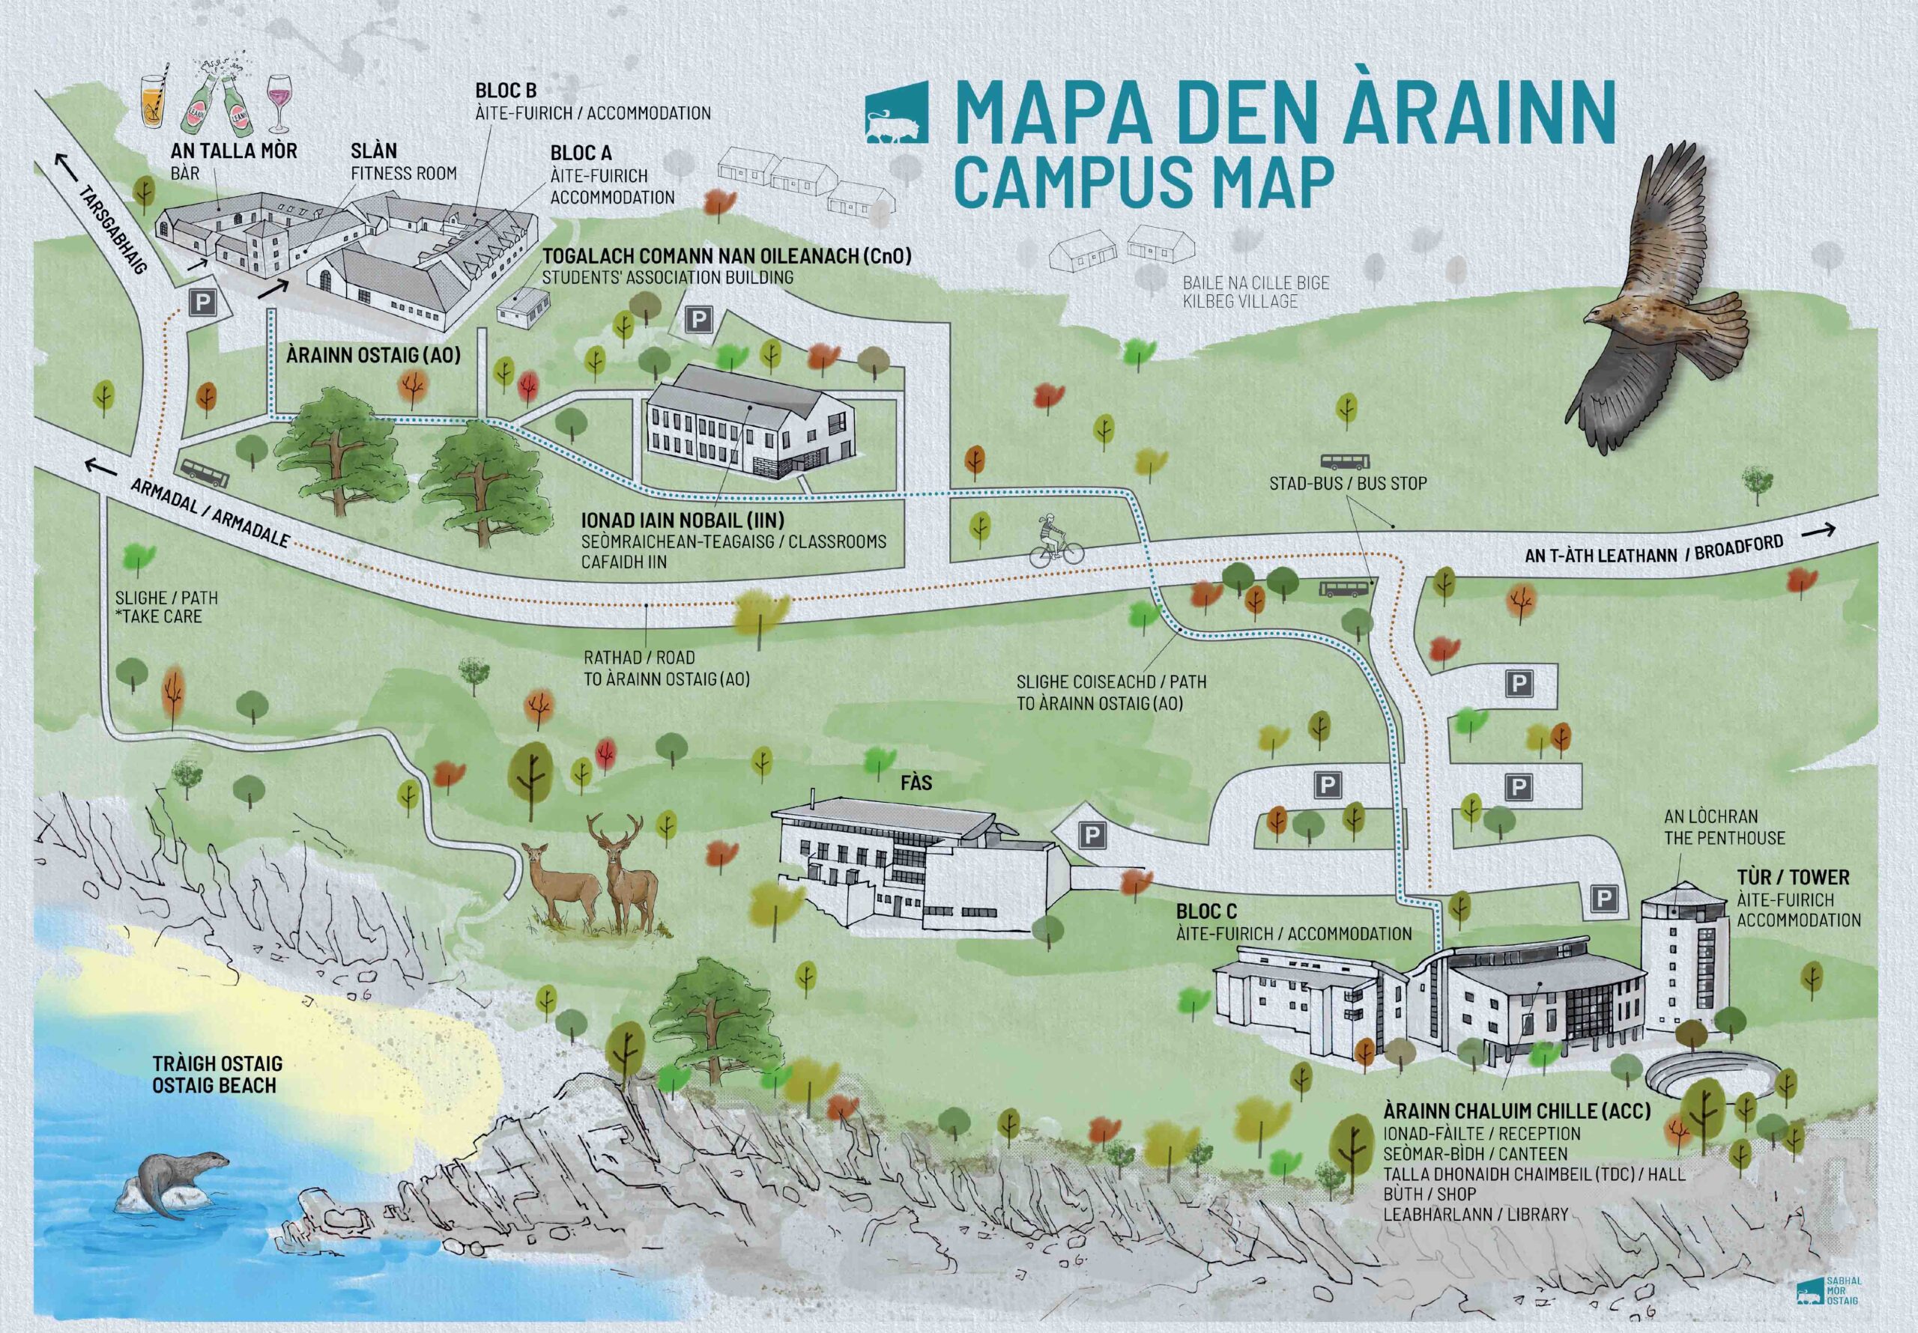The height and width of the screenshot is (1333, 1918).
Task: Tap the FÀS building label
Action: tap(916, 783)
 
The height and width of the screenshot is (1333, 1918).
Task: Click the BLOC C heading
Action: tap(1206, 911)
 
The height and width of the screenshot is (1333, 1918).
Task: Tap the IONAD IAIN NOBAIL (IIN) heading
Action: tap(683, 520)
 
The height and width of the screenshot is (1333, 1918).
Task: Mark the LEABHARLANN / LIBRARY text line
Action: tap(1475, 1214)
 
